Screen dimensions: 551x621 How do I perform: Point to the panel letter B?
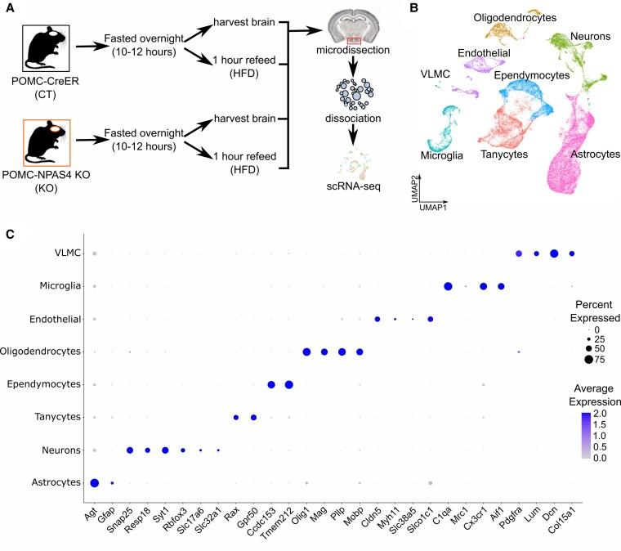coord(414,8)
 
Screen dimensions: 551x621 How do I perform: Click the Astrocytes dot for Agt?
coord(95,483)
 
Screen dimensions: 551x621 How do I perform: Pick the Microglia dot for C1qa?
coord(448,286)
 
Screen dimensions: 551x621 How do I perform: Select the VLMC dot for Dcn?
coord(554,253)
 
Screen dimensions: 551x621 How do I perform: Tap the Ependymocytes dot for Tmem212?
coord(288,385)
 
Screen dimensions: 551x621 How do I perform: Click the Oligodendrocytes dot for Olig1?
coord(306,352)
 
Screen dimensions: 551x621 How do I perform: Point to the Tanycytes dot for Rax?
coord(235,418)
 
